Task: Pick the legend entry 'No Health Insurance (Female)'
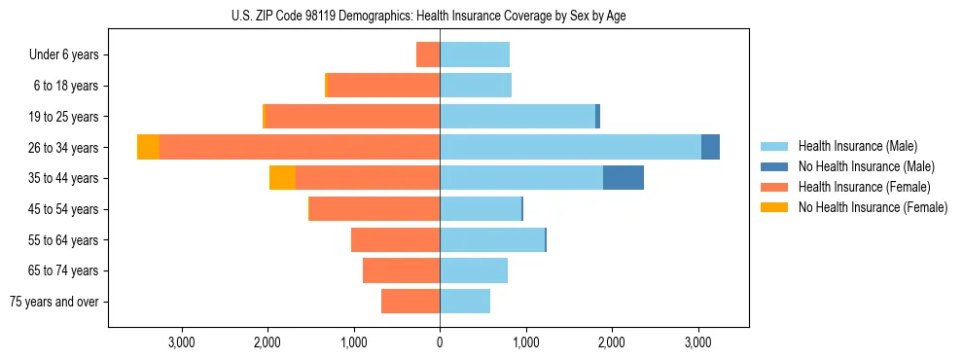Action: point(873,207)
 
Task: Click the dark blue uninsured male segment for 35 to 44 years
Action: point(623,178)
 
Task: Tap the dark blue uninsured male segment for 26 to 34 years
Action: point(710,147)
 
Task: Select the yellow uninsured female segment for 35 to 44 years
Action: point(282,178)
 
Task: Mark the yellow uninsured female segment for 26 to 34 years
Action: point(148,147)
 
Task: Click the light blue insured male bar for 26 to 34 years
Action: point(570,147)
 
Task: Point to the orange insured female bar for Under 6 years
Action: point(428,54)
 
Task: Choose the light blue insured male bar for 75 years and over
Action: point(465,302)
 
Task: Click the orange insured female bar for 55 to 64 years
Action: point(395,240)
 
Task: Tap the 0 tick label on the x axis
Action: point(440,342)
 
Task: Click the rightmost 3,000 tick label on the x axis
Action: point(697,342)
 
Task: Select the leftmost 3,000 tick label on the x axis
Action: point(182,342)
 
